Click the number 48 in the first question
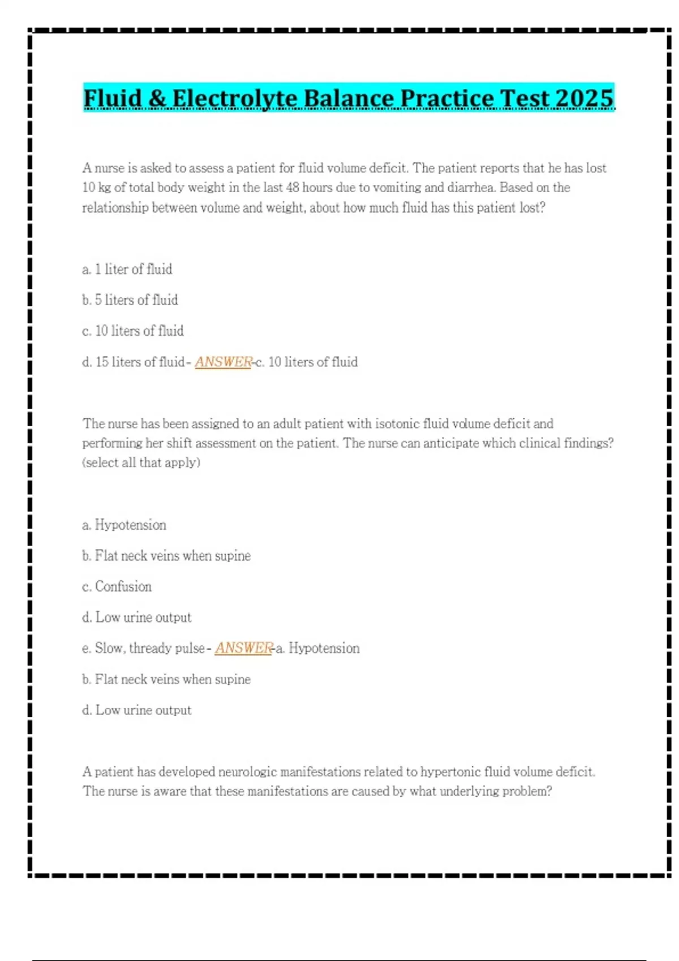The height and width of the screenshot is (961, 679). pyautogui.click(x=292, y=188)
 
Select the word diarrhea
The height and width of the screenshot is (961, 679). pyautogui.click(x=472, y=188)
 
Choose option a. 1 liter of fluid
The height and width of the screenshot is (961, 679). pyautogui.click(x=127, y=270)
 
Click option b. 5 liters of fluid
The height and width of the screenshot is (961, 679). pyautogui.click(x=130, y=300)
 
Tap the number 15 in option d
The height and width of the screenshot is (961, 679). pyautogui.click(x=102, y=362)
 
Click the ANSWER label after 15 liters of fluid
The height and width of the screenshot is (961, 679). pyautogui.click(x=224, y=362)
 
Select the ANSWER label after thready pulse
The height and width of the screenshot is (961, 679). pyautogui.click(x=244, y=648)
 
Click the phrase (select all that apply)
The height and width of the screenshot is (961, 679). pyautogui.click(x=141, y=463)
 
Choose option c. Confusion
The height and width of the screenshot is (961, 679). pyautogui.click(x=117, y=587)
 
